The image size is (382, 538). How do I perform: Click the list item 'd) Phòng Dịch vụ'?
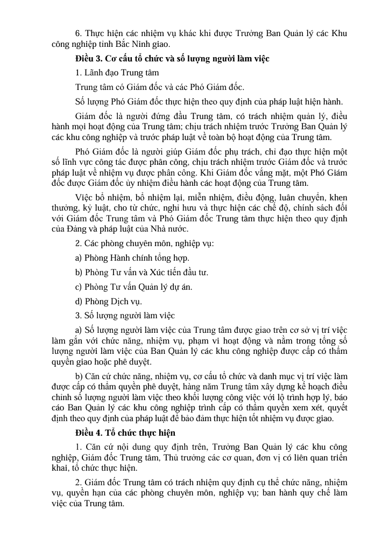coord(109,301)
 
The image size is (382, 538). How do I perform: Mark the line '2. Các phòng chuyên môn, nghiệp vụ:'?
coord(145,244)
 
